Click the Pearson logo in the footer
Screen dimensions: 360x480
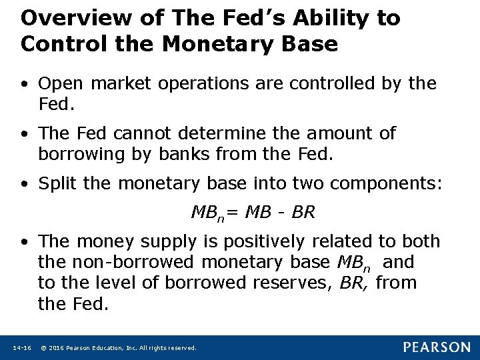(x=437, y=347)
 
